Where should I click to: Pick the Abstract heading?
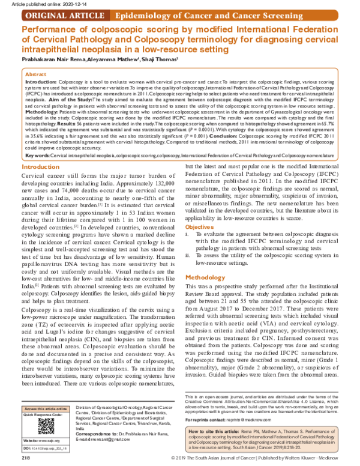37,73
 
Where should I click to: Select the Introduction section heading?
40,166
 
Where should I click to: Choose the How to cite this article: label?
214,431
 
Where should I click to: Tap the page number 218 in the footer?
26,459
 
